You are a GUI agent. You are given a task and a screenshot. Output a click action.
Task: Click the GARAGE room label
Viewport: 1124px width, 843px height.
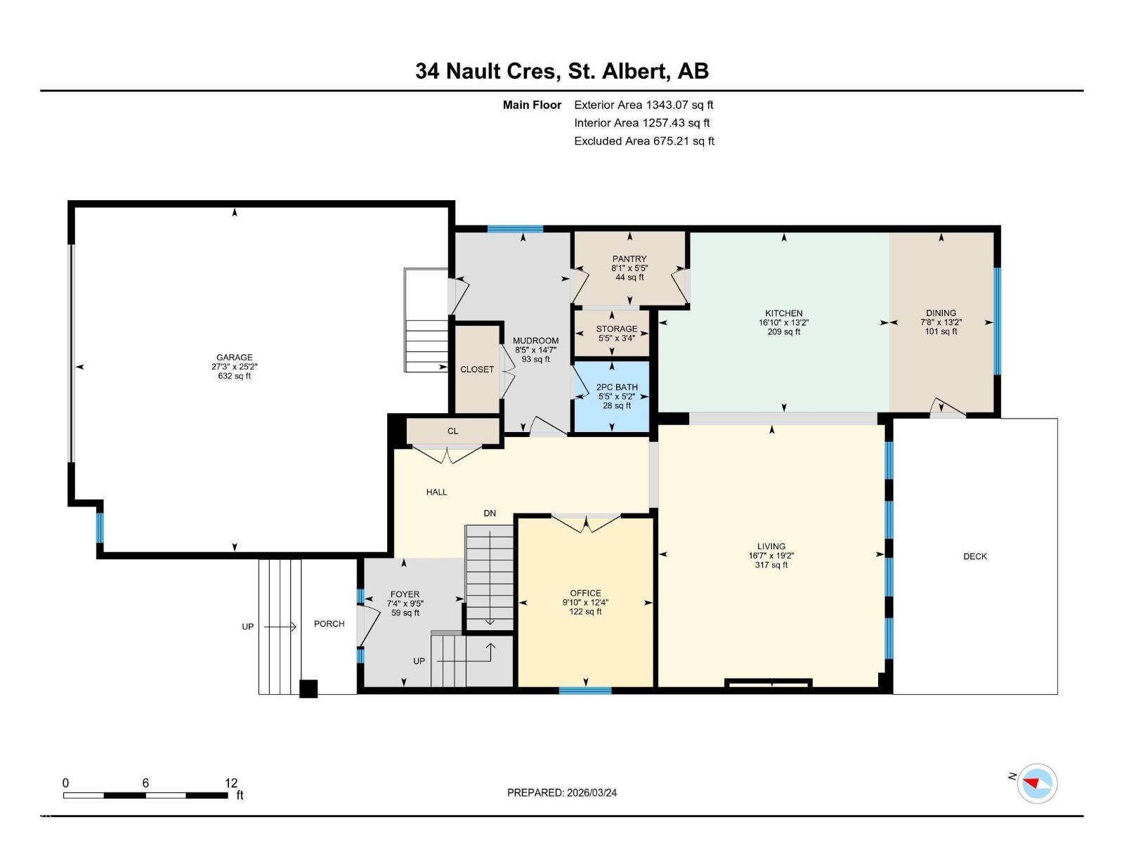(234, 358)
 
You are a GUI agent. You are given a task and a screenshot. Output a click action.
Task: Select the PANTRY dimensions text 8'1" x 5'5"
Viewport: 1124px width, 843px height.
(629, 268)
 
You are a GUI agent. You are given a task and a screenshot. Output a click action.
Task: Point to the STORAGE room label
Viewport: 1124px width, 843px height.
(616, 329)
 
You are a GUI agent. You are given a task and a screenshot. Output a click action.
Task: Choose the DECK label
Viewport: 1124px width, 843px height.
(974, 556)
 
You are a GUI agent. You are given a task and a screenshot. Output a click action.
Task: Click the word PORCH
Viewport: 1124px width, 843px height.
(329, 624)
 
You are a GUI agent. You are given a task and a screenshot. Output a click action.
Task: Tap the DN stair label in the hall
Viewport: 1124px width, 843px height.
(490, 514)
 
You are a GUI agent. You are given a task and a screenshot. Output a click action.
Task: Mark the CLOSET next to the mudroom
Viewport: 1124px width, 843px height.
(477, 370)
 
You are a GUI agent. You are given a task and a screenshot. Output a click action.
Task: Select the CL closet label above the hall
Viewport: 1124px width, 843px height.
(452, 431)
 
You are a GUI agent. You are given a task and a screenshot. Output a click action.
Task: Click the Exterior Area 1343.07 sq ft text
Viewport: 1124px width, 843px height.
(643, 105)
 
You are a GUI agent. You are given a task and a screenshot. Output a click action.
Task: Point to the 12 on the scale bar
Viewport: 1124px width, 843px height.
(231, 783)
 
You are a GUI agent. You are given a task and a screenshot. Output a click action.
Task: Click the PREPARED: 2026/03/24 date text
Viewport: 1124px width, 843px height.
(562, 792)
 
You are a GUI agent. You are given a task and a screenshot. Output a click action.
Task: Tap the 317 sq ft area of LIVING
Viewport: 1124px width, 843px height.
(771, 565)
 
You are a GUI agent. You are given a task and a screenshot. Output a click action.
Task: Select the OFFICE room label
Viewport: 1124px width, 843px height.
(585, 593)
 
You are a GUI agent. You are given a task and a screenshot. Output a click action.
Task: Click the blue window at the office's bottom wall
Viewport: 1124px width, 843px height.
(585, 691)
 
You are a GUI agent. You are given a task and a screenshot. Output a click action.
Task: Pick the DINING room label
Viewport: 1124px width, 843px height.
(941, 313)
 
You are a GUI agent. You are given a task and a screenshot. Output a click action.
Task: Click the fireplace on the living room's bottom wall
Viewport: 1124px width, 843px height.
(769, 682)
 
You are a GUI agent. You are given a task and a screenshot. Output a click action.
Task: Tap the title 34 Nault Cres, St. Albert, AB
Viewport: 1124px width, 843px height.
(562, 71)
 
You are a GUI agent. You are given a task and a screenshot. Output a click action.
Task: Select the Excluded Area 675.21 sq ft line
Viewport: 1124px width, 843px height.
(643, 141)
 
